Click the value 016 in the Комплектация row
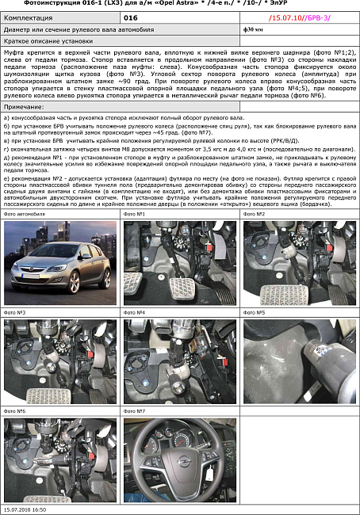[x=132, y=16]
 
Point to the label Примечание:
[x=25, y=106]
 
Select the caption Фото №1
[x=136, y=214]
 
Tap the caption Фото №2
[x=254, y=214]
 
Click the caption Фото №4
[x=136, y=313]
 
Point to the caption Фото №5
[x=254, y=313]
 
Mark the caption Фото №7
[x=136, y=411]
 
